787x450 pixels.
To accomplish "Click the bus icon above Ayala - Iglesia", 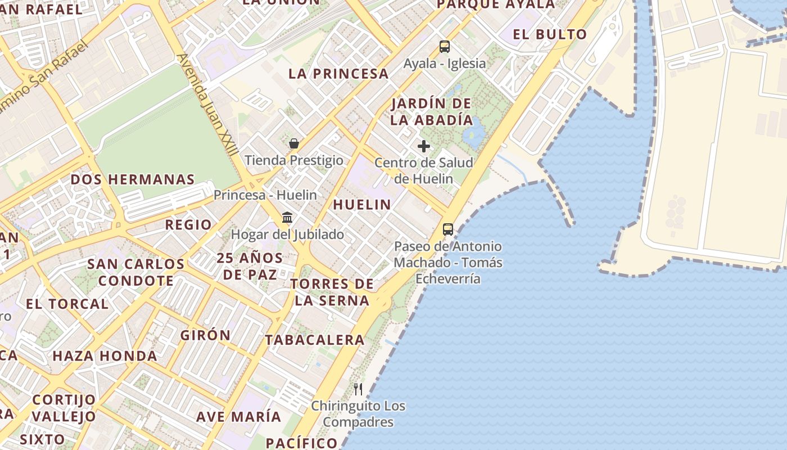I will point(444,47).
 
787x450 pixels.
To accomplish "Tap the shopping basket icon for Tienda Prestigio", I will point(293,143).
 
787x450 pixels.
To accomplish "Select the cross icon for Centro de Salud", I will point(424,147).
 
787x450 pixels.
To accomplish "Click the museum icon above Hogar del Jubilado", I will point(287,218).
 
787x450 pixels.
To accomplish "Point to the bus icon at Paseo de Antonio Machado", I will point(448,229).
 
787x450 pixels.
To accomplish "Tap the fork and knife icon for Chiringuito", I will point(358,389).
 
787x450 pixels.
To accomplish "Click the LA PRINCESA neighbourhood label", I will point(338,74).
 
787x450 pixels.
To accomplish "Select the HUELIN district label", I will point(362,205).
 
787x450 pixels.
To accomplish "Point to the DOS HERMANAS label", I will point(132,180).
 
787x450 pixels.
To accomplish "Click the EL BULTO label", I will point(550,34).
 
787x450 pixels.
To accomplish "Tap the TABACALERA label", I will point(315,340).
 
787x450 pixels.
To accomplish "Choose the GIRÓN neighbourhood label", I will point(205,335).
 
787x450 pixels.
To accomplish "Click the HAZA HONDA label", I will point(105,356).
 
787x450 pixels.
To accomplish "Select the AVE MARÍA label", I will point(238,417).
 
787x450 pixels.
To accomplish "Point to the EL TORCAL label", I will point(67,304).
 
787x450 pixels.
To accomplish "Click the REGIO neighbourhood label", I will point(188,225).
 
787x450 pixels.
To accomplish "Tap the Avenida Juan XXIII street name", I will point(207,107).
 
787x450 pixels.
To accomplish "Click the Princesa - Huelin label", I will point(265,195).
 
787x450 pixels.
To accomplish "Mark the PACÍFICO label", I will point(301,442).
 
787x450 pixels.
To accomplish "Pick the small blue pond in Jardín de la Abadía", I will point(475,133).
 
